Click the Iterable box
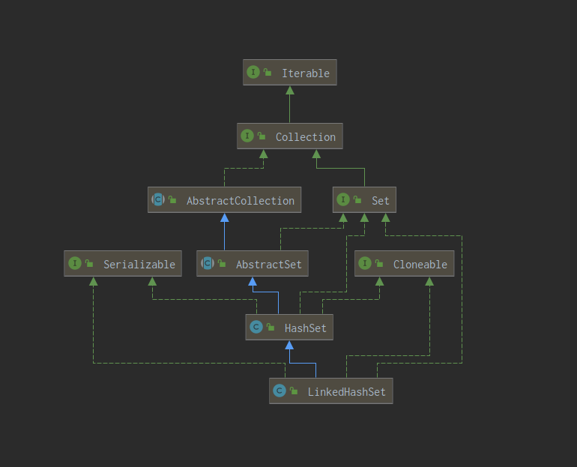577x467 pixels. pos(290,73)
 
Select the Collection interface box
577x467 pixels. pos(290,136)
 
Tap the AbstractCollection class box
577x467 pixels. pos(224,200)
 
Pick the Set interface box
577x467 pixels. pos(364,200)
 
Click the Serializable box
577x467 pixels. pos(123,264)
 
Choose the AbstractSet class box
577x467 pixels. pos(253,264)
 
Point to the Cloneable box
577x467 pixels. pos(404,264)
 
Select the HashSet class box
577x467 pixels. pos(288,328)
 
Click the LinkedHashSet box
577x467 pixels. pos(330,391)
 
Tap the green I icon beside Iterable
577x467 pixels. pos(253,73)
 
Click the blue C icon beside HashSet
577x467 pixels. pos(256,328)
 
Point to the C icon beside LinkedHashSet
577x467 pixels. pos(280,391)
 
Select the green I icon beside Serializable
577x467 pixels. pos(74,264)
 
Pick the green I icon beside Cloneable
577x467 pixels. pos(365,264)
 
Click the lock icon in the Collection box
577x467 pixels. pos(262,136)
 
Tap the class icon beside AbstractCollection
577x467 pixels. pos(158,200)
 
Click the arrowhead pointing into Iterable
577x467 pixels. pos(290,90)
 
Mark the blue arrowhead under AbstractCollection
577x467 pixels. pos(224,217)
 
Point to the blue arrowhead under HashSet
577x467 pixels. pos(288,345)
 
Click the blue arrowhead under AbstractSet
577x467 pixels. pos(253,281)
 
